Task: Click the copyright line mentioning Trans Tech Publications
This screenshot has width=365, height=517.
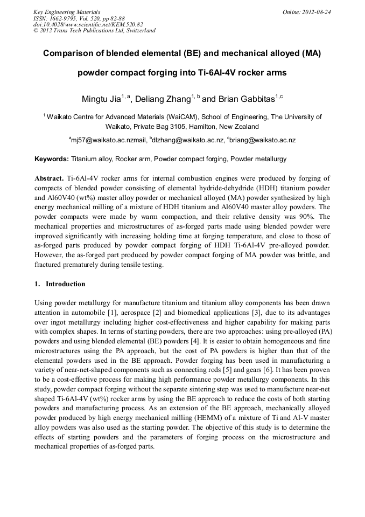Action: pyautogui.click(x=94, y=31)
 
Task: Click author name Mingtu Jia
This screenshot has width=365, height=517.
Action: pyautogui.click(x=101, y=99)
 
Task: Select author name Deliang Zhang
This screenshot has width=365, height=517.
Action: pyautogui.click(x=163, y=99)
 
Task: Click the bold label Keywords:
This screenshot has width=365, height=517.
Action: pyautogui.click(x=52, y=159)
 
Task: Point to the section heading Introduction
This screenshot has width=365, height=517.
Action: pyautogui.click(x=65, y=284)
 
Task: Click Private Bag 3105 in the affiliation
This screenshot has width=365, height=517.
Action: pyautogui.click(x=155, y=127)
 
